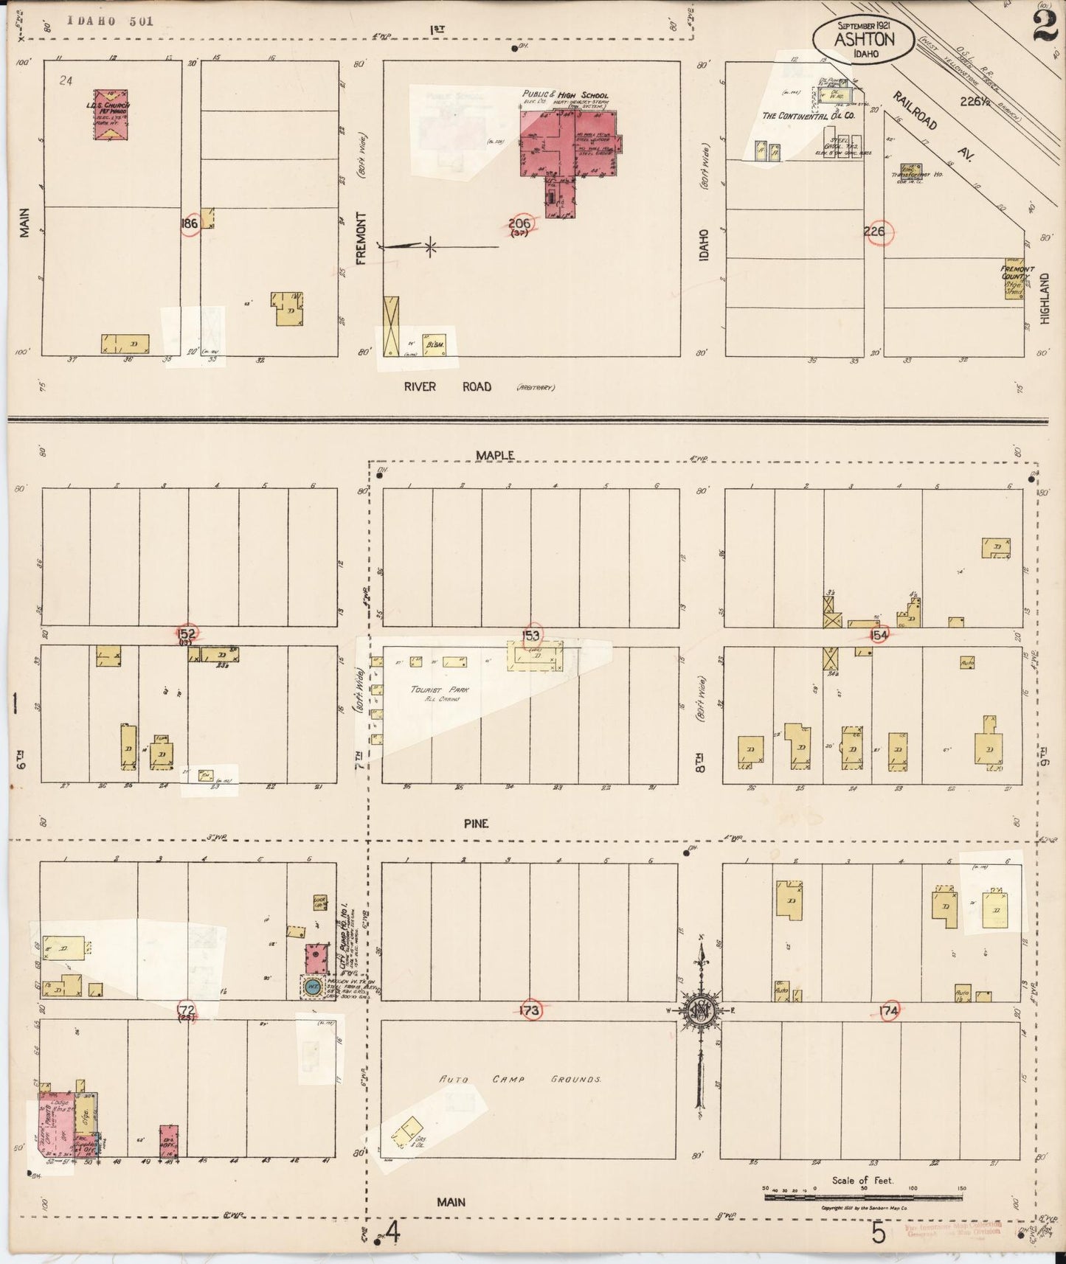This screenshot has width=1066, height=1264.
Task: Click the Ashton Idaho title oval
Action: click(x=864, y=38)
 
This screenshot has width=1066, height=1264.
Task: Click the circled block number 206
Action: click(x=519, y=223)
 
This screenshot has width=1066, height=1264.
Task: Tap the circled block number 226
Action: click(x=874, y=232)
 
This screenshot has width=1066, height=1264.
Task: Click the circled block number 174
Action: click(x=890, y=1011)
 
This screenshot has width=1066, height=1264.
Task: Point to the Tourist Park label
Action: click(x=440, y=690)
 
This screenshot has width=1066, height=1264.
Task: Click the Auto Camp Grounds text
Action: click(x=520, y=1079)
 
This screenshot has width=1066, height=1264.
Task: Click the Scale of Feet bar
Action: click(x=863, y=1198)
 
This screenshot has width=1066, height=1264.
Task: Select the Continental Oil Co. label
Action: click(x=809, y=116)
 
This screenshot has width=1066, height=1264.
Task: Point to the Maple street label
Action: click(x=494, y=456)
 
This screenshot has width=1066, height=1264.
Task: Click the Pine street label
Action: click(x=476, y=823)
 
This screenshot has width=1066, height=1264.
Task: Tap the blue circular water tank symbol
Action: click(x=313, y=986)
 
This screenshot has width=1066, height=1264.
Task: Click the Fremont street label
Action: click(x=361, y=237)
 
